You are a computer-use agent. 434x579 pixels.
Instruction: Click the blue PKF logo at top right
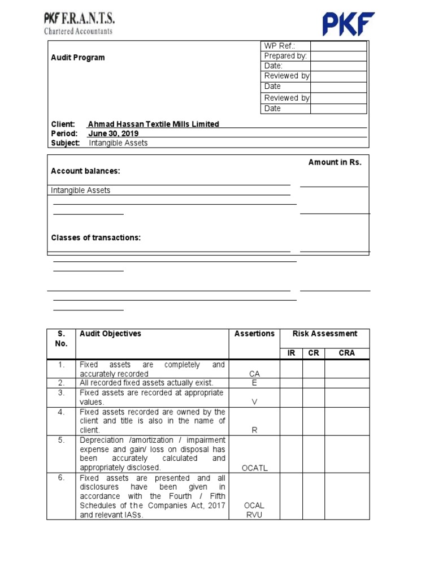pyautogui.click(x=348, y=24)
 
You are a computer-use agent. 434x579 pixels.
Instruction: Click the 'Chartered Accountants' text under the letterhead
pyautogui.click(x=78, y=32)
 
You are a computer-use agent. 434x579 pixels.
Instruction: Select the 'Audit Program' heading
pyautogui.click(x=78, y=58)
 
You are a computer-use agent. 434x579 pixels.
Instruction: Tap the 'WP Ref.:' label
pyautogui.click(x=279, y=46)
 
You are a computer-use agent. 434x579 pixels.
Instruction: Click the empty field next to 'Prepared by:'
pyautogui.click(x=338, y=56)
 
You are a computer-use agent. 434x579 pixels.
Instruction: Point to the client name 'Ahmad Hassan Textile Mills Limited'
pyautogui.click(x=154, y=124)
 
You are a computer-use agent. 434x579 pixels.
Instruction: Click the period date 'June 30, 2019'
pyautogui.click(x=114, y=133)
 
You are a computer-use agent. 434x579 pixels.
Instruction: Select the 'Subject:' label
pyautogui.click(x=66, y=143)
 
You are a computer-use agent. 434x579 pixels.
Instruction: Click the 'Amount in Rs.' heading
pyautogui.click(x=335, y=162)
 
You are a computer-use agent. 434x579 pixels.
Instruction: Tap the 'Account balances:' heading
pyautogui.click(x=85, y=171)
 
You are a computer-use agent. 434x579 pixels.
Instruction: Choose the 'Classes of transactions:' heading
pyautogui.click(x=96, y=237)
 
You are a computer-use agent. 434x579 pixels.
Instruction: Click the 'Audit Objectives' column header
pyautogui.click(x=111, y=334)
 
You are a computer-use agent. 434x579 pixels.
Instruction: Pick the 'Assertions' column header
pyautogui.click(x=254, y=334)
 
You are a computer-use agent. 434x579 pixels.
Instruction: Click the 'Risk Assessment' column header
pyautogui.click(x=325, y=334)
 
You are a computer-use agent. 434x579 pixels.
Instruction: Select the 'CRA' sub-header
pyautogui.click(x=347, y=353)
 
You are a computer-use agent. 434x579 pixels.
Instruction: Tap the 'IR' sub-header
pyautogui.click(x=292, y=353)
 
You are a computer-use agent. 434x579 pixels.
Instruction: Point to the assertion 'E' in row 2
pyautogui.click(x=254, y=383)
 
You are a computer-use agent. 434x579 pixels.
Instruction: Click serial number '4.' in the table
pyautogui.click(x=61, y=412)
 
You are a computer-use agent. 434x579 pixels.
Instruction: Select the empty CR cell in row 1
pyautogui.click(x=314, y=369)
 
